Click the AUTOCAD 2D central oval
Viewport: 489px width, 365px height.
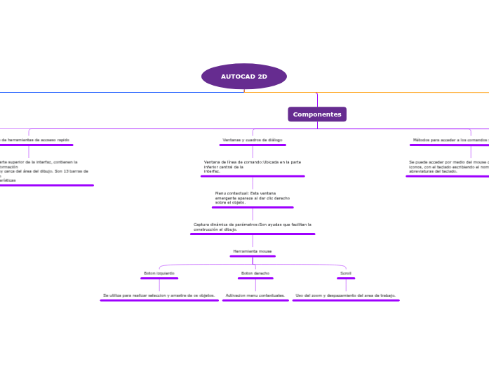(244, 76)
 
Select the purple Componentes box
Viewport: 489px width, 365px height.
(317, 114)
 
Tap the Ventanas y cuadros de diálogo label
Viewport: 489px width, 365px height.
(252, 140)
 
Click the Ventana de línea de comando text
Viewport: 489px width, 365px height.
(253, 166)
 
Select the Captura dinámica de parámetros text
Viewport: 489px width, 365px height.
(253, 227)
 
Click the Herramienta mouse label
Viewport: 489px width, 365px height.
(253, 251)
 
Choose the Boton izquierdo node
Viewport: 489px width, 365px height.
(159, 273)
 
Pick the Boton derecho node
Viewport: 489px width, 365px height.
(255, 273)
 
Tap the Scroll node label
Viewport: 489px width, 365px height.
(346, 273)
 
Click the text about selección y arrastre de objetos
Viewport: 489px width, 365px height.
(159, 296)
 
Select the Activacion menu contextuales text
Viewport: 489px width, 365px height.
(255, 296)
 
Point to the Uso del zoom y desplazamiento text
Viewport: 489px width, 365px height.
(346, 296)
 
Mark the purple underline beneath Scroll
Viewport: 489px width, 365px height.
(346, 279)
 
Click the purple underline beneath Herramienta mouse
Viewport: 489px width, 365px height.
(253, 256)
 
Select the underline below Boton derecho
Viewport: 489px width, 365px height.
(255, 279)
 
